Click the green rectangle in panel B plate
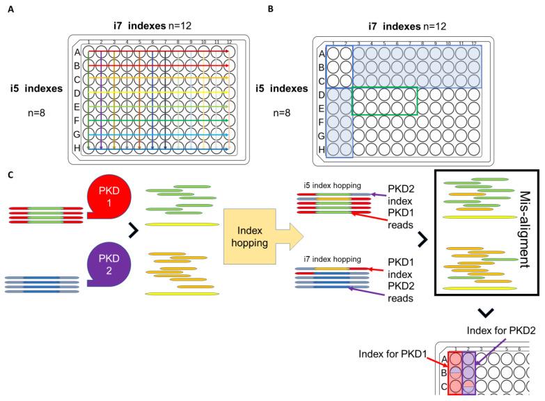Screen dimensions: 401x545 click(x=385, y=100)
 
